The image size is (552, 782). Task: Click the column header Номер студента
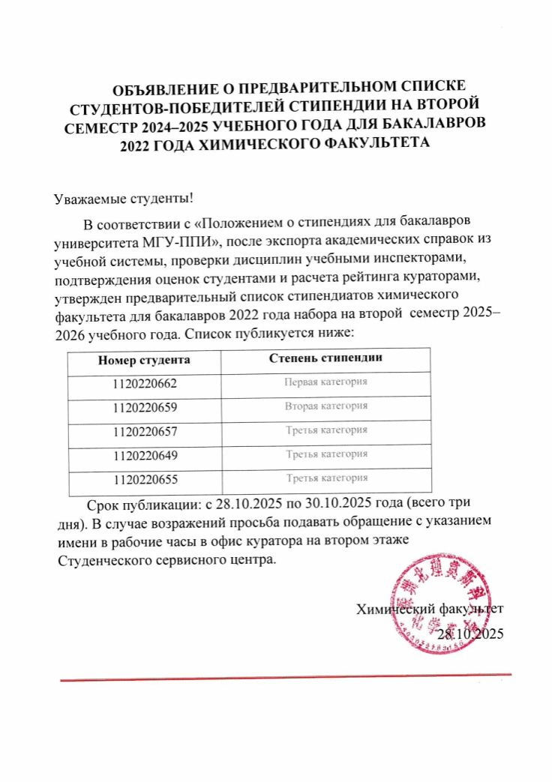[x=144, y=359]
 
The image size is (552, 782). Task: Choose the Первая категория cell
[x=326, y=382]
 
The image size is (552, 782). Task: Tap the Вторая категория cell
[x=326, y=406]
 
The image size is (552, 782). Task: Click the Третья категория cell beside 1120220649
[x=326, y=454]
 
